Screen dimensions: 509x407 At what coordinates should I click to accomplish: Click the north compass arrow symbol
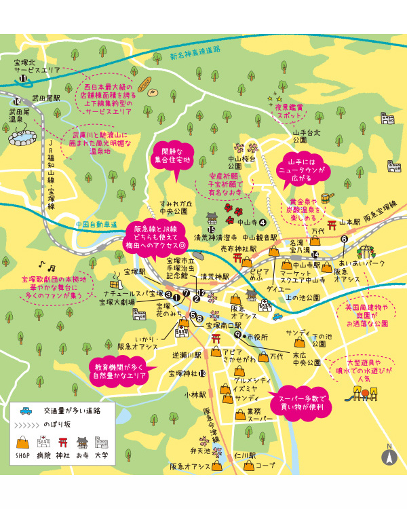point(389,455)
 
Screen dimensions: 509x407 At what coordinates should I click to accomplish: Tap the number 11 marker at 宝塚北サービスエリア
point(24,79)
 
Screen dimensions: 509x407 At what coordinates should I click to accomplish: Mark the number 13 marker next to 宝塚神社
point(203,374)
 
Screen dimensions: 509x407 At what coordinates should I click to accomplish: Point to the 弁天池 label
point(200,451)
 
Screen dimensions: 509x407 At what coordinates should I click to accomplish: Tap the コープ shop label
point(265,466)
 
